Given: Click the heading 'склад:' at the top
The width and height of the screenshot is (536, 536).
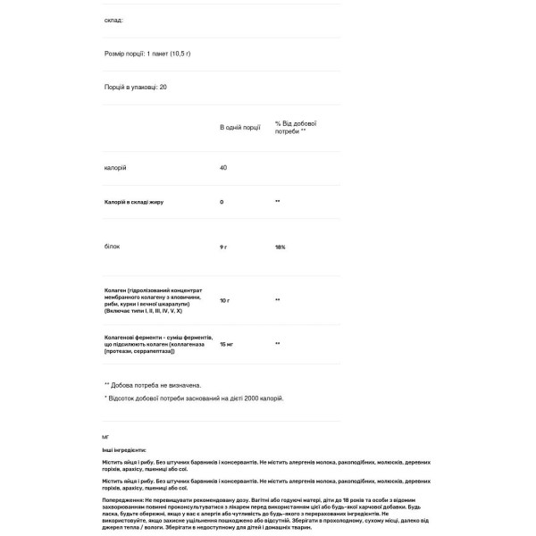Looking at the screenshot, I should pyautogui.click(x=114, y=20).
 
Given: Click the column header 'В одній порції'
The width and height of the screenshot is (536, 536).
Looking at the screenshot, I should pyautogui.click(x=239, y=128).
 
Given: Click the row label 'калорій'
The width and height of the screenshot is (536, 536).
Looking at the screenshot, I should pyautogui.click(x=115, y=168).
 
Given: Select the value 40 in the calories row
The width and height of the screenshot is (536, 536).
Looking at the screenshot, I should pyautogui.click(x=224, y=168).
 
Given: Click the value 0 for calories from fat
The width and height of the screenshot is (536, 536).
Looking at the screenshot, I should pyautogui.click(x=222, y=202).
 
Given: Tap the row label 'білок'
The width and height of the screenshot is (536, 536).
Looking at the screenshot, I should pyautogui.click(x=113, y=246).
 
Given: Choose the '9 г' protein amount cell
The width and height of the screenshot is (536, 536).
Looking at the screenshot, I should pyautogui.click(x=224, y=246).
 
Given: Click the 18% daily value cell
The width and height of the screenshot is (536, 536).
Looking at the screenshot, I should pyautogui.click(x=281, y=246).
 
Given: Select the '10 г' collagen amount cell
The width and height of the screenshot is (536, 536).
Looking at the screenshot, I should pyautogui.click(x=226, y=300).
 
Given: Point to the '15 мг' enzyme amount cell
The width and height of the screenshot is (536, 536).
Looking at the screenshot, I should pyautogui.click(x=228, y=343).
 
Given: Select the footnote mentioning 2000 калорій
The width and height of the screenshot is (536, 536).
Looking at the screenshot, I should pyautogui.click(x=195, y=398).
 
